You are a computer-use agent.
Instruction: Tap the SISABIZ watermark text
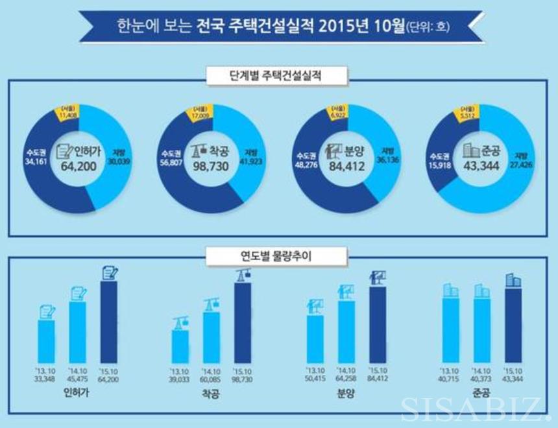475,409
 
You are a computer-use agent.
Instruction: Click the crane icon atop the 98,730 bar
243,275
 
